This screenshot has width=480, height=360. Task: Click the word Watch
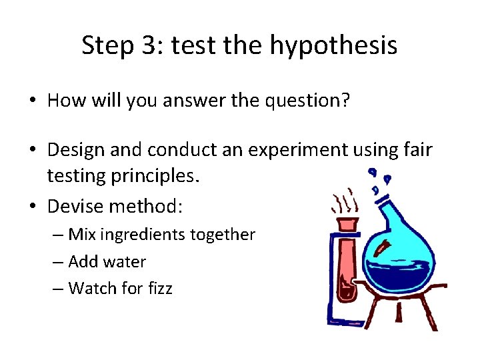tap(90, 288)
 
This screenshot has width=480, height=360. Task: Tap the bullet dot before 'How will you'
tap(32, 101)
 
